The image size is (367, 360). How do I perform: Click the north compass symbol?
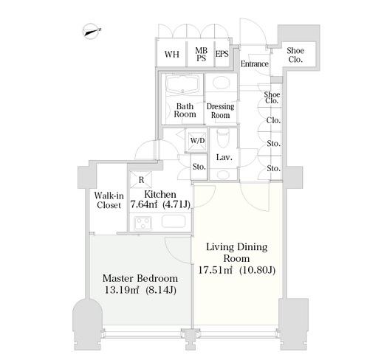point(91,31)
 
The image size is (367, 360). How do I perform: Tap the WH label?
point(171,54)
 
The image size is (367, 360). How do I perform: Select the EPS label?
point(222,54)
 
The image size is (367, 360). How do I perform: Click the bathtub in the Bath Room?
point(182,84)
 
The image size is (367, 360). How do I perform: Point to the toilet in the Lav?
point(223,138)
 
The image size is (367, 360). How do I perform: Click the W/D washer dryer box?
point(197,141)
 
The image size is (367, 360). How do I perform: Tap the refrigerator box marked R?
point(141,180)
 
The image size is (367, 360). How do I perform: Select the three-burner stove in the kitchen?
point(143,224)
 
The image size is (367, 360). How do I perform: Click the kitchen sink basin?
point(174,221)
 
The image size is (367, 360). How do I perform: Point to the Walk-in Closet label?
point(109,200)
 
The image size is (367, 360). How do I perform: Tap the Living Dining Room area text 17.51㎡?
point(215,270)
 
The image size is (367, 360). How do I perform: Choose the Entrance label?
point(254,64)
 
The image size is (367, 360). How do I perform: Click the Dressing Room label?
point(220,111)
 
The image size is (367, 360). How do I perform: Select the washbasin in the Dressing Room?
point(222,83)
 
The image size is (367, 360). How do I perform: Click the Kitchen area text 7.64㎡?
point(143,204)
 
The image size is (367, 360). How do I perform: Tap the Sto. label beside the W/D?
point(199,167)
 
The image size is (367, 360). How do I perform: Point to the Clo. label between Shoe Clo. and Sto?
point(273,120)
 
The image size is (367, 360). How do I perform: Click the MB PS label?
point(201,54)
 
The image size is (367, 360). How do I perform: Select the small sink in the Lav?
point(223,175)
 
